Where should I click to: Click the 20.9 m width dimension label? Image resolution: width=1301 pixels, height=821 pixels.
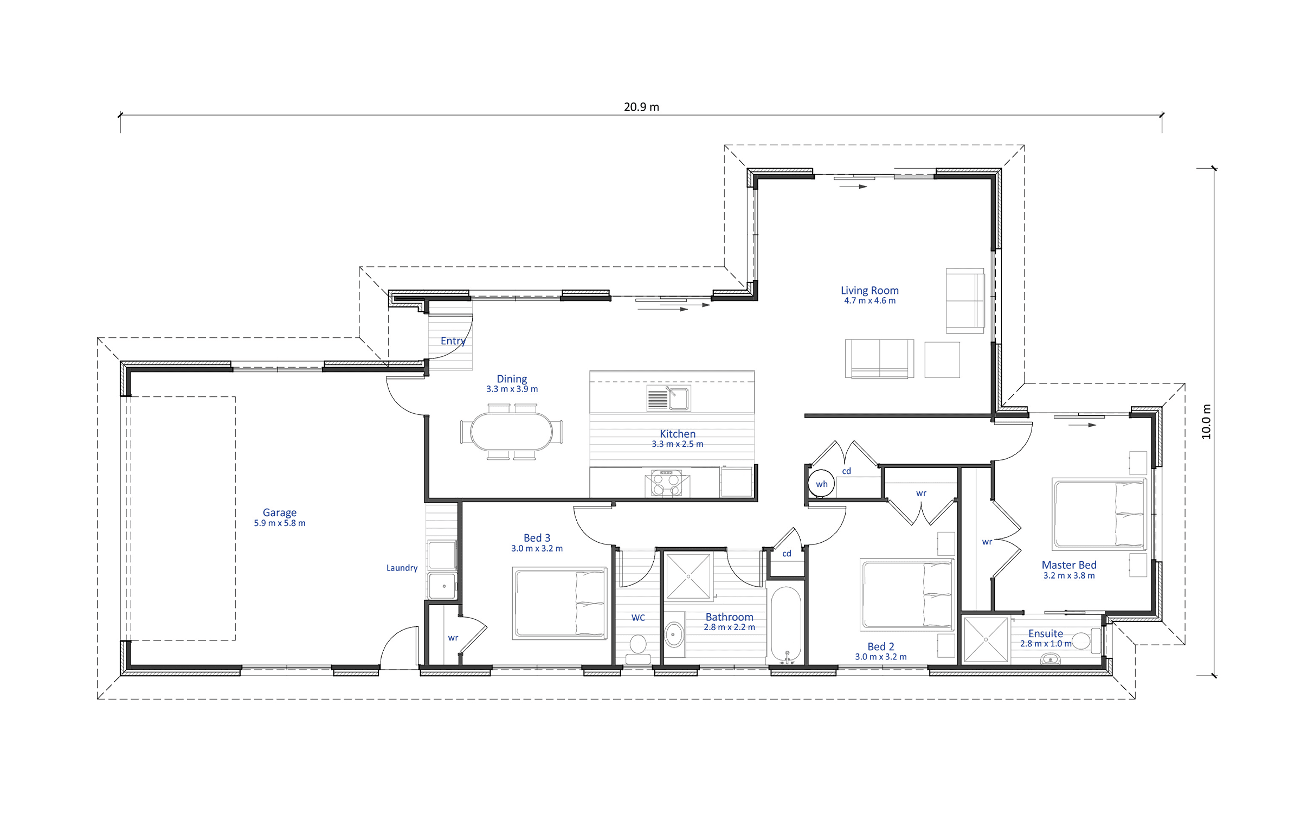click(641, 107)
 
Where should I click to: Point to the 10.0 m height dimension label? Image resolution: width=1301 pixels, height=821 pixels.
click(1206, 421)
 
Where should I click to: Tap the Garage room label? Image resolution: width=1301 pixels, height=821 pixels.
click(279, 512)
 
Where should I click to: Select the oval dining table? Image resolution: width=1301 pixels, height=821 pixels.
click(511, 432)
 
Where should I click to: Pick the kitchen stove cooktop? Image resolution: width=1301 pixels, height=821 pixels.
click(667, 482)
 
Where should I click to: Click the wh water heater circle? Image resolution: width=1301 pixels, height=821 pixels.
click(821, 484)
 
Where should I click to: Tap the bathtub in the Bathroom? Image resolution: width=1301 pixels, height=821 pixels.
click(785, 624)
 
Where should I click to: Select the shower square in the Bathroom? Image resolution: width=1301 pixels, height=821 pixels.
click(688, 576)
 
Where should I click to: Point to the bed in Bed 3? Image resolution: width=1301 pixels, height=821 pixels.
click(560, 603)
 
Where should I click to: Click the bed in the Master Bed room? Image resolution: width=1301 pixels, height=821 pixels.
click(1099, 514)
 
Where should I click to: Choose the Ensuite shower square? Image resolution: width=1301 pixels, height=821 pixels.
click(986, 639)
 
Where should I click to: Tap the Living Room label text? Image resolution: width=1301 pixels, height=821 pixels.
click(870, 291)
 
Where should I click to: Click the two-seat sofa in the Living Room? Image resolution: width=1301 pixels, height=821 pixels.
click(879, 358)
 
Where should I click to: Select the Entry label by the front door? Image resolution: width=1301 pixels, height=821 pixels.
click(453, 341)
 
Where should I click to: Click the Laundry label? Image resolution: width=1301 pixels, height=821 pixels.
click(402, 568)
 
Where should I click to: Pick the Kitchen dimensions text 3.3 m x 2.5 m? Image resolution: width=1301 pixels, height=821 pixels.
click(677, 444)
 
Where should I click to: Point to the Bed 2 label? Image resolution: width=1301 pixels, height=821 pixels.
click(880, 646)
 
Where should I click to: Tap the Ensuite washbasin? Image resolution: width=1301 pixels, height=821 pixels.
click(1050, 659)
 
